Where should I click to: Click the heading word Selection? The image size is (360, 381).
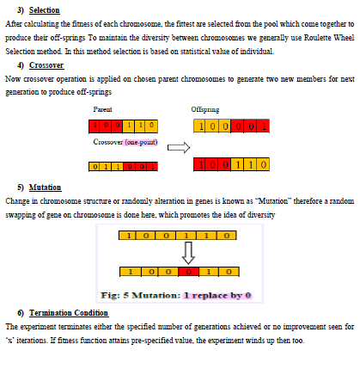coord(45,9)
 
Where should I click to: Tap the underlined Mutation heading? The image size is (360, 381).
coord(45,187)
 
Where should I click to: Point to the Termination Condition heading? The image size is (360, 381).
coord(67,310)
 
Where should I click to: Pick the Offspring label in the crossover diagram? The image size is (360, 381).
coord(204,109)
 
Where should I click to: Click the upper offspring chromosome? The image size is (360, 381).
coord(231,126)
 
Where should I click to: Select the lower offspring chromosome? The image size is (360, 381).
coord(232,163)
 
